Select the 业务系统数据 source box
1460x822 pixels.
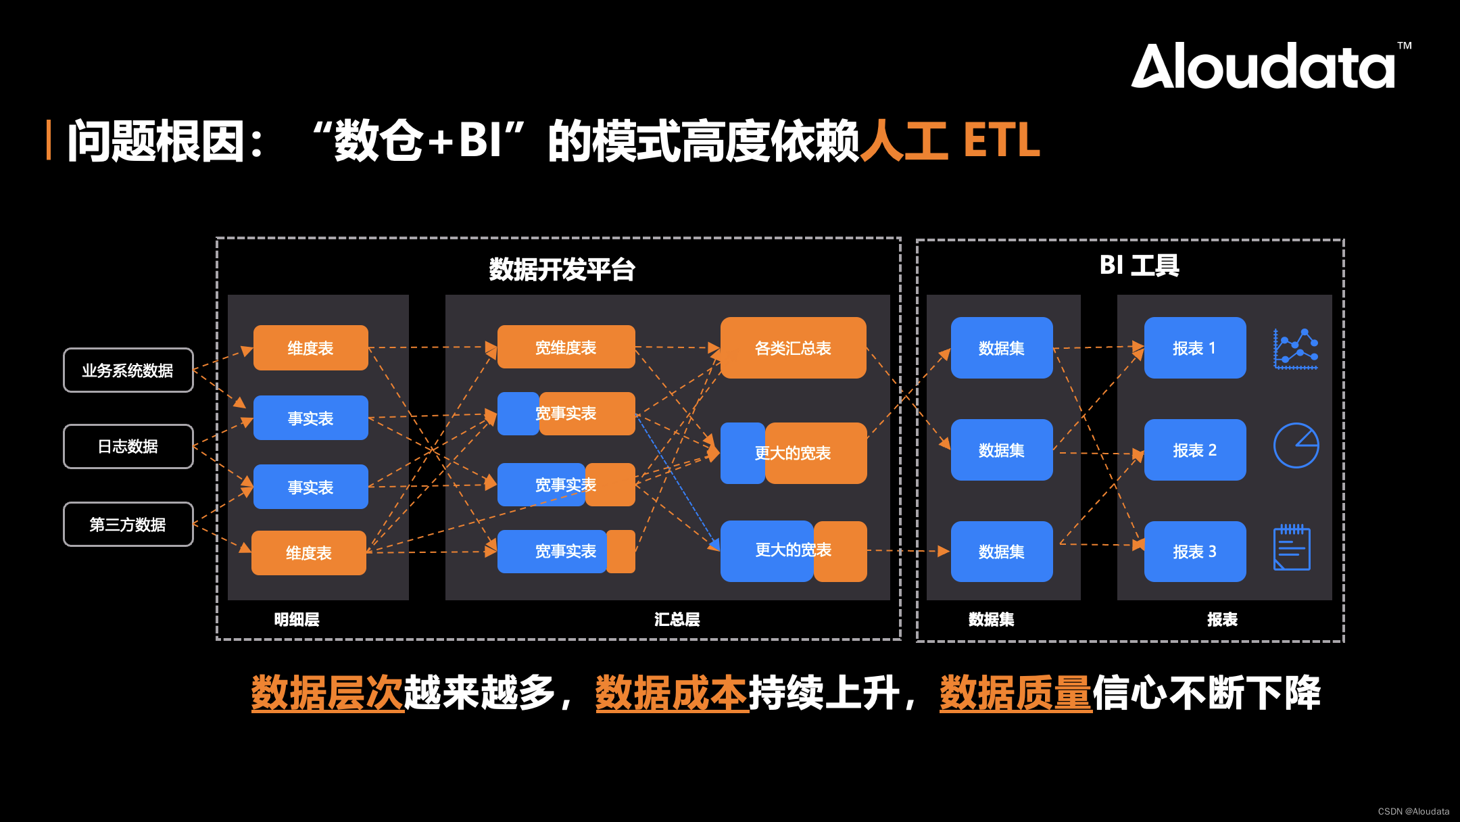128,370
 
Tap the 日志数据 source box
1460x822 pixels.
128,446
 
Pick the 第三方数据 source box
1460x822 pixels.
128,525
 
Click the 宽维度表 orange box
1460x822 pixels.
566,347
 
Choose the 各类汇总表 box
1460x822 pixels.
793,348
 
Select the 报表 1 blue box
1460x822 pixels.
1194,348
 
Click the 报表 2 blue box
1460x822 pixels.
1194,450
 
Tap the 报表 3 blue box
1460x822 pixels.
1194,552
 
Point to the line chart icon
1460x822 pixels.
1296,349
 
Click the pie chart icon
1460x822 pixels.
1296,445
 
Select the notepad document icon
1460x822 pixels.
1292,548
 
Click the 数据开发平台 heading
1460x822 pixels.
562,269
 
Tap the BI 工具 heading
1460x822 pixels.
1140,265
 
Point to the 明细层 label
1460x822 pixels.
297,619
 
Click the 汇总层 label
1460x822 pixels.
677,619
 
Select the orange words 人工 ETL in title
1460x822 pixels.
950,141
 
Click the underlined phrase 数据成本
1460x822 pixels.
671,693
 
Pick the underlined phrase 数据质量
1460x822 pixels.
1015,693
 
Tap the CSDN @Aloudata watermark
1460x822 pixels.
1413,811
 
